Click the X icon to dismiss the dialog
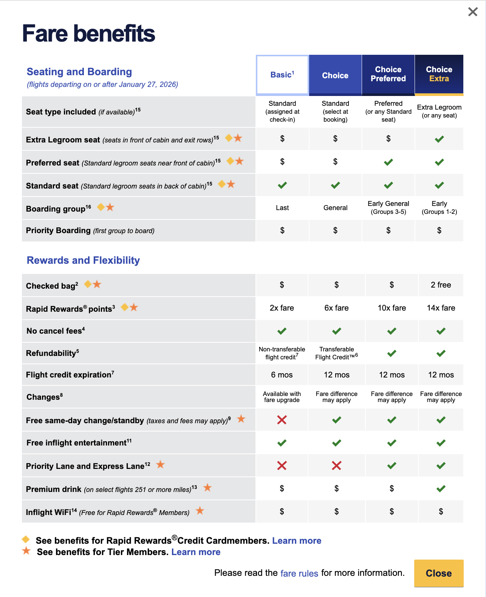click(x=473, y=12)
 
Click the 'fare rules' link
click(x=299, y=573)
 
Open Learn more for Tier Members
click(x=196, y=552)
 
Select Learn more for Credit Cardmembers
click(x=297, y=541)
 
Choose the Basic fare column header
click(x=282, y=75)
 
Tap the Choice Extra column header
click(x=439, y=74)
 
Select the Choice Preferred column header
click(x=388, y=74)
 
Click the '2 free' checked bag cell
click(x=441, y=285)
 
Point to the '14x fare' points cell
click(x=441, y=308)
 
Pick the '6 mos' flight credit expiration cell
click(x=282, y=375)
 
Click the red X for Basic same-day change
click(x=282, y=420)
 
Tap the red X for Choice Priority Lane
click(x=336, y=466)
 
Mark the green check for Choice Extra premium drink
click(x=441, y=489)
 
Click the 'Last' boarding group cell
click(x=282, y=208)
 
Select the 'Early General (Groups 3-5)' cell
click(x=388, y=208)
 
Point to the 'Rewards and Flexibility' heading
click(x=83, y=260)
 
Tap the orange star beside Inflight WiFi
click(x=200, y=511)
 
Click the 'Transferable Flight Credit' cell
click(x=336, y=353)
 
